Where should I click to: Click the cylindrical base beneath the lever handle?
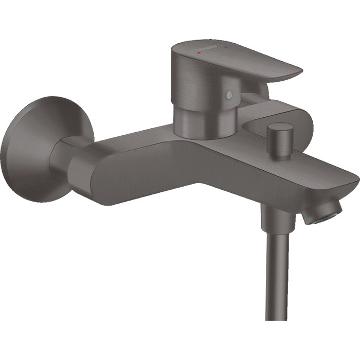(x=206, y=121)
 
